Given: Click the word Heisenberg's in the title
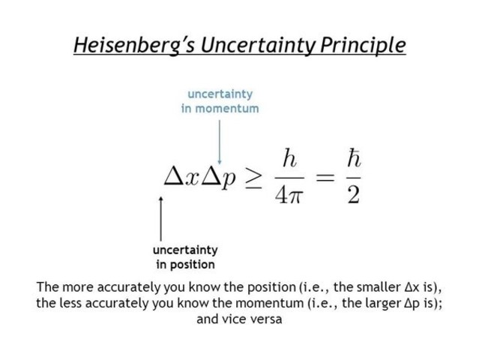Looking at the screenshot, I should (x=128, y=45).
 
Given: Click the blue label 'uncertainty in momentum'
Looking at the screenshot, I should (x=220, y=101).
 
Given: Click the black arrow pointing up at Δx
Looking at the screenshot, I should (x=160, y=217).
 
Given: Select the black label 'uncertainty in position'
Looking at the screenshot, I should (x=185, y=256).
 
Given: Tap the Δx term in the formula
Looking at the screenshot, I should (x=181, y=178).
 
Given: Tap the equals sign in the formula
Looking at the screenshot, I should (x=324, y=178).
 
